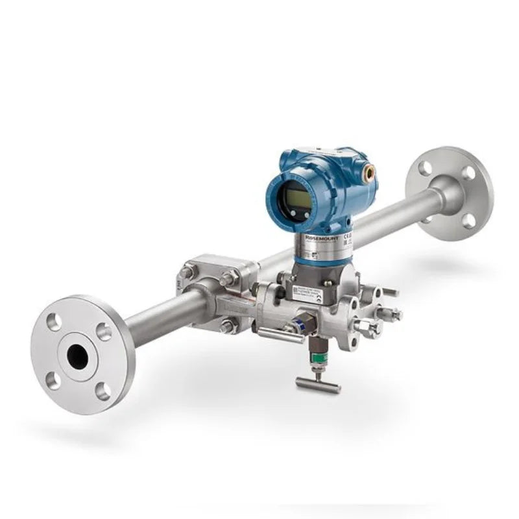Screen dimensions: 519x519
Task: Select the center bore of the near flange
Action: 77,356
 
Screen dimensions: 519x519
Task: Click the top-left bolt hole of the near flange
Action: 54,320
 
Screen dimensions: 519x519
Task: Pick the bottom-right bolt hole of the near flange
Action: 103,391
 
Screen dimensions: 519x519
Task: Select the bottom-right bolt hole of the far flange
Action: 468,221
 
